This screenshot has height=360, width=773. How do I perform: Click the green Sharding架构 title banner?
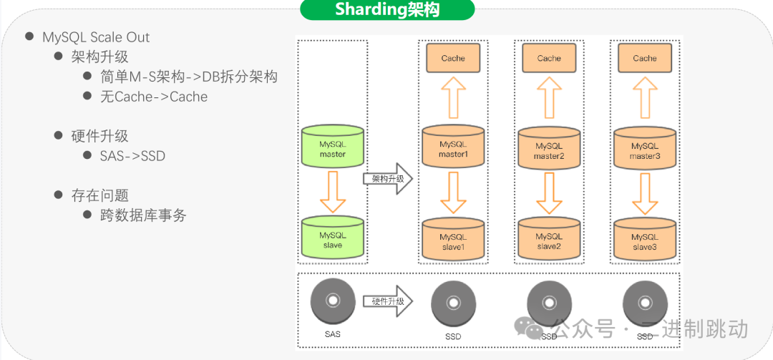coord(387,10)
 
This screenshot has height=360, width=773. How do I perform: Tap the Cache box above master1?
coord(452,58)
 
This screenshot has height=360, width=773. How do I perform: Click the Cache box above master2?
coord(549,58)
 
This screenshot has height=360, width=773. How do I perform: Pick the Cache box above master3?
coord(644,58)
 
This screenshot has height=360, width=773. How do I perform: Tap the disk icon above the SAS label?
coord(332,301)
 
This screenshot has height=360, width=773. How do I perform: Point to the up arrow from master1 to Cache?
coord(452,99)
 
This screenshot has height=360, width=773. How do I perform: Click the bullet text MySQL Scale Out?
coord(96,37)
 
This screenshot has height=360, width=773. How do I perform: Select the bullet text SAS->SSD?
coord(133,155)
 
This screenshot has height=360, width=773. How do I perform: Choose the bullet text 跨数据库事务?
coord(143,215)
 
